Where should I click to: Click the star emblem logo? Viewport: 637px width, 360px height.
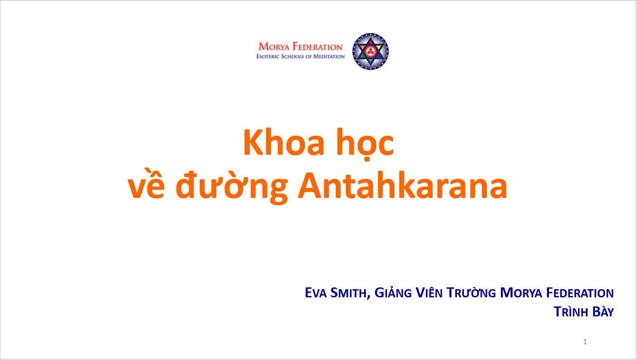click(x=370, y=51)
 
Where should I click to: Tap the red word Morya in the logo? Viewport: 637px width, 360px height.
click(x=274, y=46)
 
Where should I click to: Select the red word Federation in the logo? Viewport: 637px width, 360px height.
click(x=318, y=46)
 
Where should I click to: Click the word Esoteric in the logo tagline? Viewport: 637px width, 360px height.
click(x=268, y=56)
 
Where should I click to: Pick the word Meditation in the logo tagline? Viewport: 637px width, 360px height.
click(x=329, y=56)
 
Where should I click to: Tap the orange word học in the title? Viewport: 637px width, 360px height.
click(x=365, y=144)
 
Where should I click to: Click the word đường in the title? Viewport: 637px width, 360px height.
click(x=231, y=187)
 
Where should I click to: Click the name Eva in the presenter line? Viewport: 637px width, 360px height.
click(x=316, y=293)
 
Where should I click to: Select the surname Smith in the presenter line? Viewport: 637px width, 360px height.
click(x=350, y=293)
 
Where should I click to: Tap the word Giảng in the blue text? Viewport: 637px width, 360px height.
click(x=393, y=292)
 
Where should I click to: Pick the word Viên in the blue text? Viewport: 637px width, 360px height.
click(x=429, y=292)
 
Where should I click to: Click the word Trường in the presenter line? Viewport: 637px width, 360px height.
click(x=471, y=292)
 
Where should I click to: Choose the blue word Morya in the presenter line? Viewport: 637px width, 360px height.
click(x=521, y=293)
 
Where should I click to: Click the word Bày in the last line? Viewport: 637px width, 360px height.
click(x=603, y=311)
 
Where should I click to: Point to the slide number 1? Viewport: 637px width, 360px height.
click(x=585, y=341)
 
